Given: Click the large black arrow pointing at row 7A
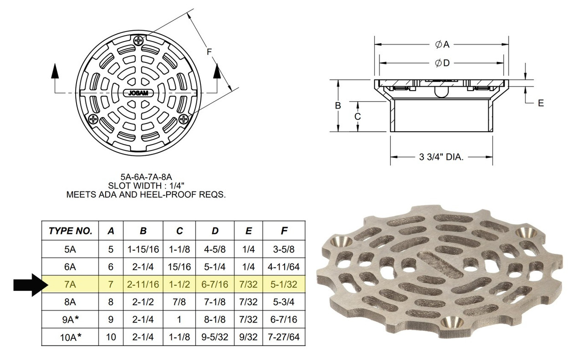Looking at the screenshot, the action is pos(31,285).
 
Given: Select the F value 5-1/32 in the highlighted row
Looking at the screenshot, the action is pos(284,284).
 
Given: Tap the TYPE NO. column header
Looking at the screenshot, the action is pos(70,231).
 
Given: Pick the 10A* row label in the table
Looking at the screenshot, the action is pos(71,337).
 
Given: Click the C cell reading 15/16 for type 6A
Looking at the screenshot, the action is pos(179,267).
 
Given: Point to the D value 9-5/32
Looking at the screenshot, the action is pos(215,337).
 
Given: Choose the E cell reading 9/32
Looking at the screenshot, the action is pos(248,337).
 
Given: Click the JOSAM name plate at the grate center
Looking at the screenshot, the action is pos(138,93).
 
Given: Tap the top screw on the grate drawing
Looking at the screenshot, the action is pos(138,41).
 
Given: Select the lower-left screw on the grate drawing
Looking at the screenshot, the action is pos(93,119).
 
